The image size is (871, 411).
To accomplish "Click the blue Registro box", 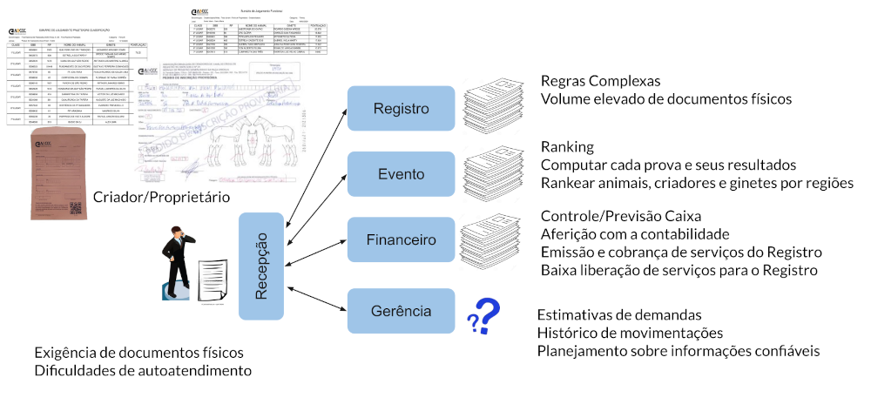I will [x=401, y=109].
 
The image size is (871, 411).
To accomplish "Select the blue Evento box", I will [x=401, y=173].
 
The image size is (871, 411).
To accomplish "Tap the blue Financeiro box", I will [x=401, y=240].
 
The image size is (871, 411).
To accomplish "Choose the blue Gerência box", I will [x=401, y=310].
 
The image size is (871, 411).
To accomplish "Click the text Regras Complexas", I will [x=600, y=81].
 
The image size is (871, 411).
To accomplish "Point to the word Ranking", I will [x=567, y=146].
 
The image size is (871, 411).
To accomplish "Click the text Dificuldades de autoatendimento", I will [x=143, y=371].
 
